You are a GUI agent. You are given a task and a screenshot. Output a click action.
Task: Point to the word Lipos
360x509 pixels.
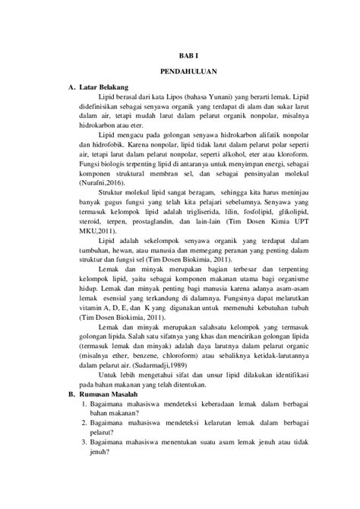[x=175, y=96]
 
